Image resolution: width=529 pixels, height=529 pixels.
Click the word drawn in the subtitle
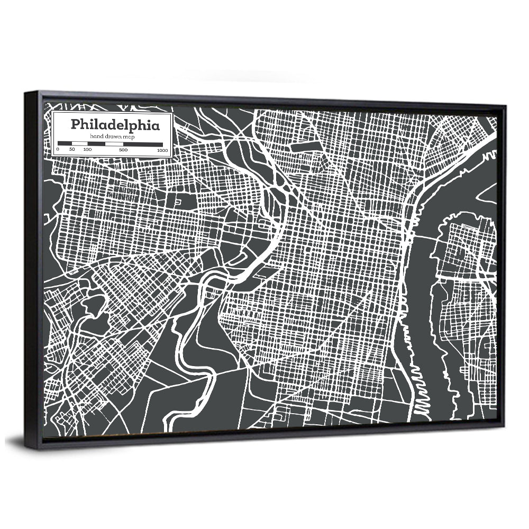[115, 136]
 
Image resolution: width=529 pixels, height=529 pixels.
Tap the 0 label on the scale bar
[58, 150]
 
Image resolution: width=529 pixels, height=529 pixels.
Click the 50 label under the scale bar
[72, 150]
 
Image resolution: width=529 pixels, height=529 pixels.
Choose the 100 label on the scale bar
[87, 150]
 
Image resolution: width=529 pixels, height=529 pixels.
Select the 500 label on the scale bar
[123, 150]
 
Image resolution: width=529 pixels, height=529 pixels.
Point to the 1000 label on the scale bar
[162, 150]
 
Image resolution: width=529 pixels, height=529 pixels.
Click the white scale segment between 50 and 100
[79, 143]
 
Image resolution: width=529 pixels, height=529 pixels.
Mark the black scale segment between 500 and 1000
[143, 143]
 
